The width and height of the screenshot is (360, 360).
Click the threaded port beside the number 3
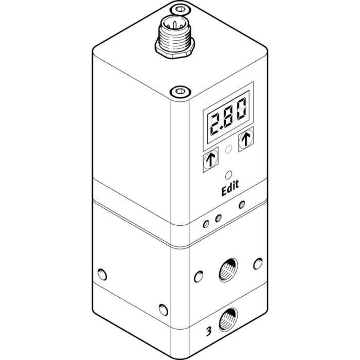(x=227, y=321)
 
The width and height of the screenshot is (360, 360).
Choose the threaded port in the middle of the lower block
(x=227, y=271)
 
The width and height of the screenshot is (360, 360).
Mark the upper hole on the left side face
(x=102, y=273)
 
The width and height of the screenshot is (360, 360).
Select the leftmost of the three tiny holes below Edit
(x=205, y=223)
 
